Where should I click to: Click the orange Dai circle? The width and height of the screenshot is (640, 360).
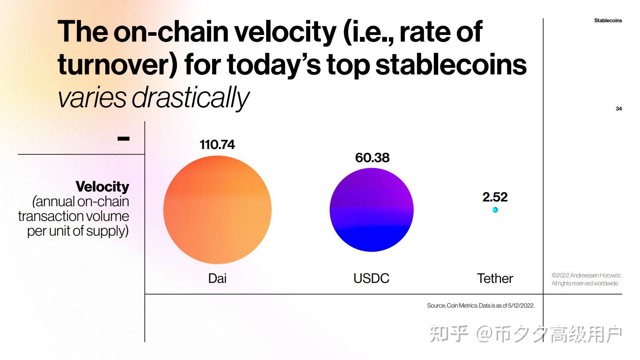pyautogui.click(x=217, y=210)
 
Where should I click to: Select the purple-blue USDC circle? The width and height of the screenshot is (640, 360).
pyautogui.click(x=371, y=210)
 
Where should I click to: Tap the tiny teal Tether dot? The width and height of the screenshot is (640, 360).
pyautogui.click(x=495, y=210)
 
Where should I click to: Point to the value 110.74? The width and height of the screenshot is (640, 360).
pyautogui.click(x=217, y=145)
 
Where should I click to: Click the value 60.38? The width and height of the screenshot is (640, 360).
pyautogui.click(x=372, y=158)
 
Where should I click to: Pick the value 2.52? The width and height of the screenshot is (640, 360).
pyautogui.click(x=495, y=197)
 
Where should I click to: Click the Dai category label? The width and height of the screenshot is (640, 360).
pyautogui.click(x=217, y=278)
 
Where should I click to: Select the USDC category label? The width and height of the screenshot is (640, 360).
pyautogui.click(x=371, y=278)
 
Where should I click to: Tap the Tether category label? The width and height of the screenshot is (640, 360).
pyautogui.click(x=495, y=278)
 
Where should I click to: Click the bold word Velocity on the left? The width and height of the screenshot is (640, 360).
pyautogui.click(x=102, y=186)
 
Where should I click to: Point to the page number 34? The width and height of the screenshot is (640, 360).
pyautogui.click(x=619, y=108)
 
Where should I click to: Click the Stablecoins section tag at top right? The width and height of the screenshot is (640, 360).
pyautogui.click(x=608, y=21)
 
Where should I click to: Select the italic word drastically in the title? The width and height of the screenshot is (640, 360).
pyautogui.click(x=191, y=98)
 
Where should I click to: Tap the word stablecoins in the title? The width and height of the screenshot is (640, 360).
pyautogui.click(x=451, y=65)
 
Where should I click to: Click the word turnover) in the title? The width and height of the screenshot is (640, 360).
pyautogui.click(x=118, y=65)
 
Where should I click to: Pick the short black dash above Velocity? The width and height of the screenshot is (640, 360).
pyautogui.click(x=124, y=139)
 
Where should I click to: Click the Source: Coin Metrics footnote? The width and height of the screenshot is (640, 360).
pyautogui.click(x=481, y=306)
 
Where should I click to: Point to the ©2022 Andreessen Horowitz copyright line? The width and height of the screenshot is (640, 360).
pyautogui.click(x=586, y=275)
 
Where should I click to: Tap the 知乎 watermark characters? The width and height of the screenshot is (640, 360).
pyautogui.click(x=449, y=333)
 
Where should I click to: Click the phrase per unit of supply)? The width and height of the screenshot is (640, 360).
pyautogui.click(x=78, y=231)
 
